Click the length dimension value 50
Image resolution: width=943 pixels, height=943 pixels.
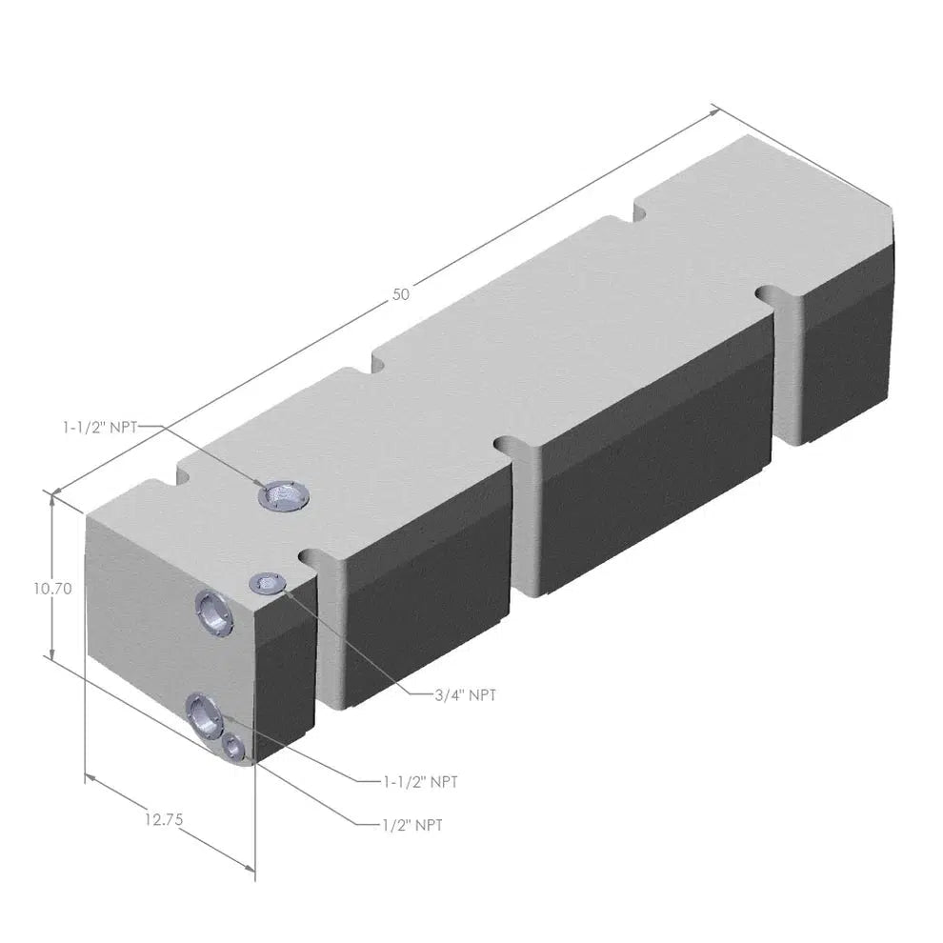pos(401,294)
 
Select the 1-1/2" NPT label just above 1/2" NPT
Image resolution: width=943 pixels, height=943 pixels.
pos(419,782)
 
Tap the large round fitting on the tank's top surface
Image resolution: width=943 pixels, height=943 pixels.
pos(283,494)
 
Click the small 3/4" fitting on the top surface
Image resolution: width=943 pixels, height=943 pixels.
pos(266,584)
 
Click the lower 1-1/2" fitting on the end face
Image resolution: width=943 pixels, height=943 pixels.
pos(204,712)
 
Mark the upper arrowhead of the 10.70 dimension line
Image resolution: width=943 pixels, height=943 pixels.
pos(50,496)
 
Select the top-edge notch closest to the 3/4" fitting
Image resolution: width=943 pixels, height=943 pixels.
pos(311,554)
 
